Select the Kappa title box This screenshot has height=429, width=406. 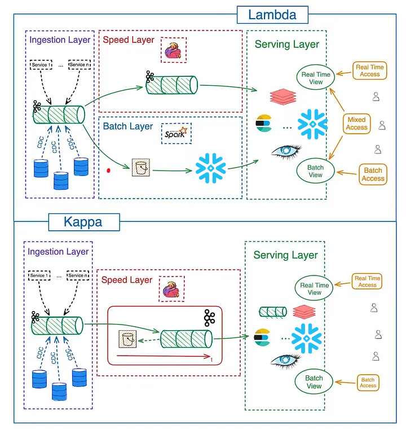click(x=84, y=221)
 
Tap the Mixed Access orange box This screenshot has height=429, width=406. click(x=356, y=124)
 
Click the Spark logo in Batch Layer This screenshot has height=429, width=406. click(x=175, y=134)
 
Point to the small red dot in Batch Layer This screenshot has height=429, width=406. click(x=109, y=169)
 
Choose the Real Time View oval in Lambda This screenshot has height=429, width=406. click(x=316, y=78)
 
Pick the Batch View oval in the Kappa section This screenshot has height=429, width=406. click(x=314, y=382)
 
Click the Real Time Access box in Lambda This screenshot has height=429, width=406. click(x=370, y=71)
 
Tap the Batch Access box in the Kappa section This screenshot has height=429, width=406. click(x=368, y=383)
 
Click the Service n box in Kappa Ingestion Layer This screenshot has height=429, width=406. click(x=78, y=275)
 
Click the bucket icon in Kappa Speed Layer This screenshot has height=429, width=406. click(x=127, y=339)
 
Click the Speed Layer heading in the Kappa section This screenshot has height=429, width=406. click(x=127, y=280)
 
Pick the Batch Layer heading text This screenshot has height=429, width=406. click(x=128, y=126)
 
